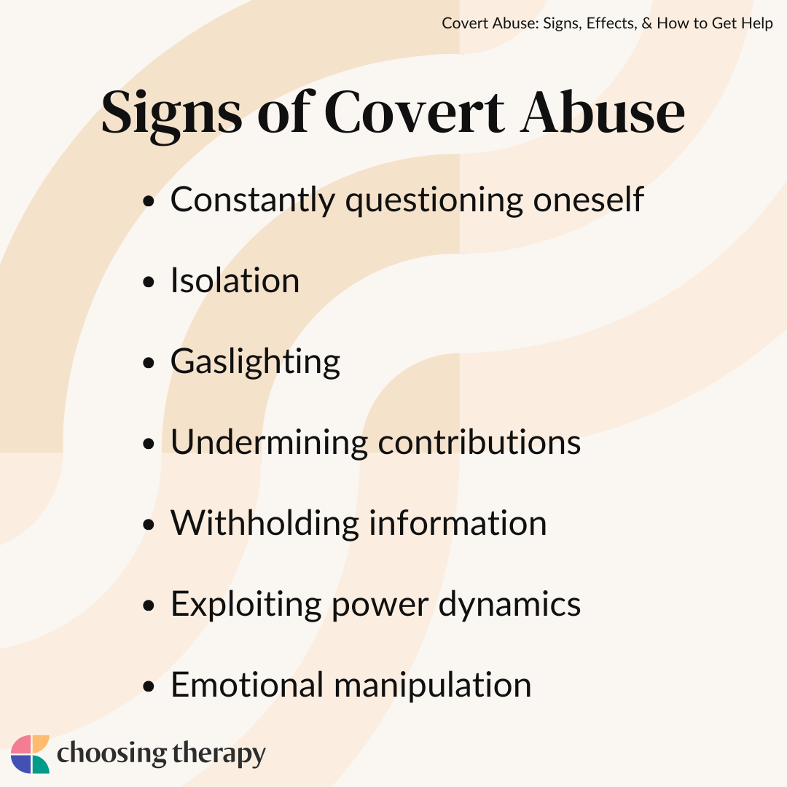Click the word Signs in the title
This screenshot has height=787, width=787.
(172, 114)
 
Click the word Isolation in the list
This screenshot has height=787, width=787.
(235, 280)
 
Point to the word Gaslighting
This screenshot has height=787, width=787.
(256, 361)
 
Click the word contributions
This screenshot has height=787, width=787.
(479, 442)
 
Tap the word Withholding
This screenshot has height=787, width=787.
(265, 523)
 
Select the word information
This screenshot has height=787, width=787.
(458, 523)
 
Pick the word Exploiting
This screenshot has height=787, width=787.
(246, 604)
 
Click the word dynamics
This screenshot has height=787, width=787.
(509, 604)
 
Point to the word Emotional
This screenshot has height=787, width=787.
(248, 684)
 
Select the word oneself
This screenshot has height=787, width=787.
(588, 199)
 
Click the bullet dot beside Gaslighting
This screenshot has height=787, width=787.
(148, 363)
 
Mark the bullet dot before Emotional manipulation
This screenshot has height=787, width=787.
(148, 686)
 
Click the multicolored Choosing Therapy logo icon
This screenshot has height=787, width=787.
(30, 754)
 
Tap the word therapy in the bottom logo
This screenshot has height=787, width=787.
(219, 754)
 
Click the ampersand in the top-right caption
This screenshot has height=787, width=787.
(646, 23)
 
